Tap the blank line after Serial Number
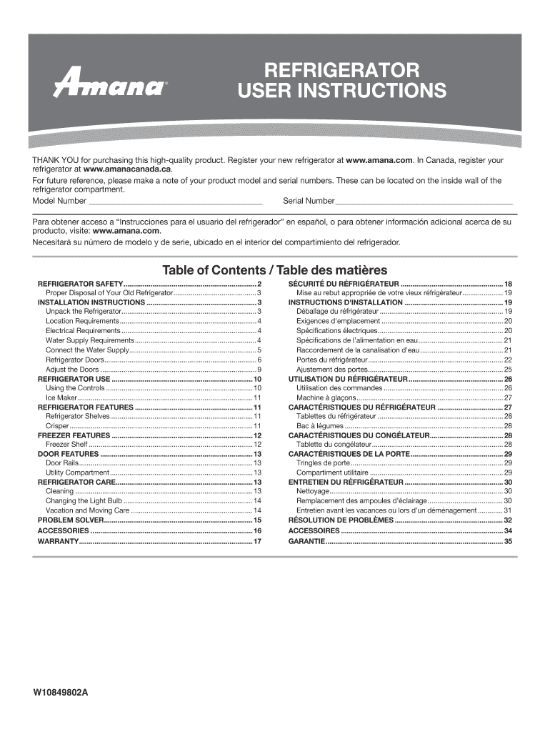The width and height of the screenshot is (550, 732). click(424, 200)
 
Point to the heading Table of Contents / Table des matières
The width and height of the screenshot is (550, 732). click(275, 270)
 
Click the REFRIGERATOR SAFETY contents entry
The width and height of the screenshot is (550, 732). click(80, 284)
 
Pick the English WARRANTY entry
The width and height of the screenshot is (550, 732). click(58, 542)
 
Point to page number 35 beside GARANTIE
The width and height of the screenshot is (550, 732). click(509, 542)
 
